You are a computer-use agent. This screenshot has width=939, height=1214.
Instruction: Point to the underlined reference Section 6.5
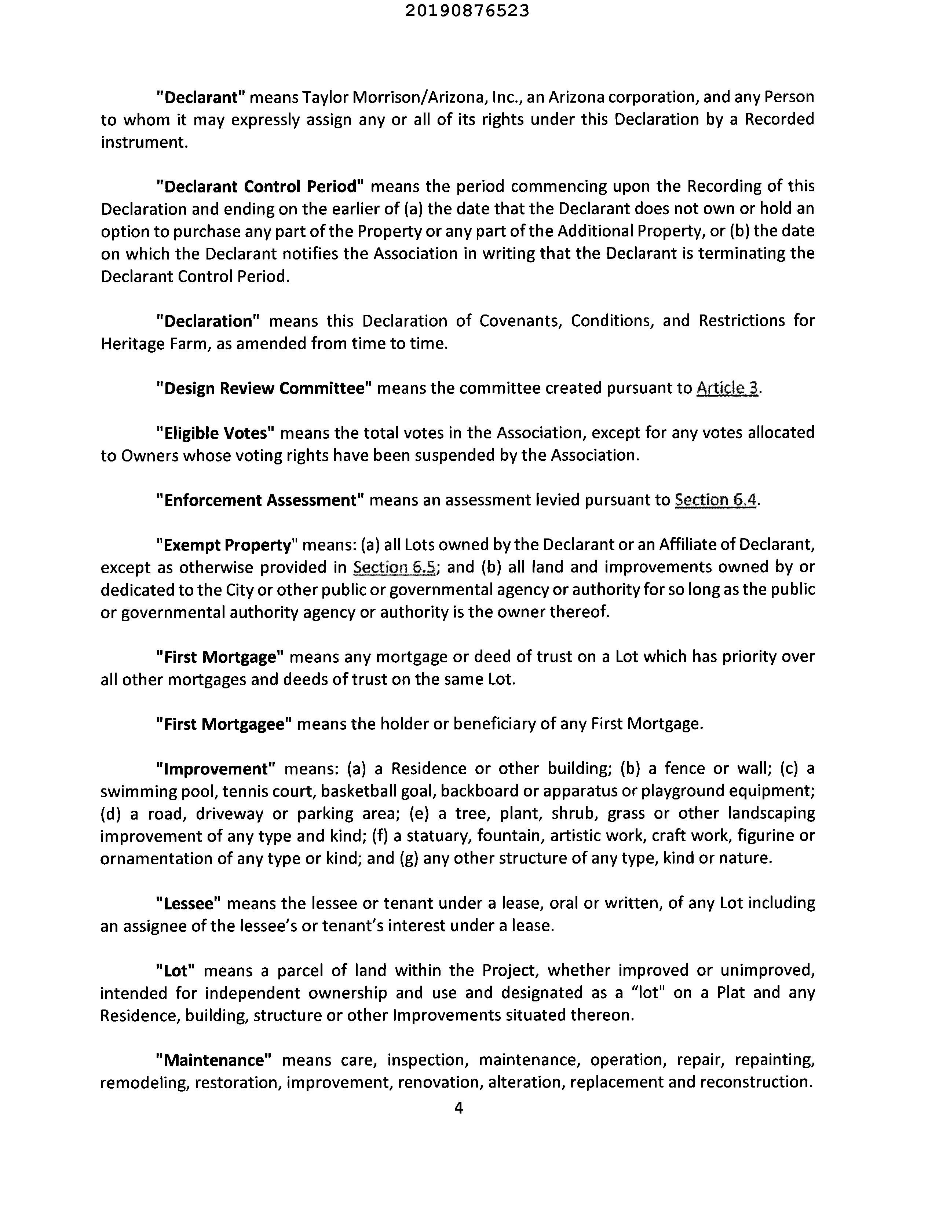(394, 567)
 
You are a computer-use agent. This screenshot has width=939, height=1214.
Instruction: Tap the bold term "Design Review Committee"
(264, 388)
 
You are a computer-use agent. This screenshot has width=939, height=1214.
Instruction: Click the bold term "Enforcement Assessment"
(260, 500)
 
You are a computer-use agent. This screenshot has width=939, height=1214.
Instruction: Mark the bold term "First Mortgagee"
(224, 724)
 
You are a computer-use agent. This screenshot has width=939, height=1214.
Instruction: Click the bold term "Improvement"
(216, 769)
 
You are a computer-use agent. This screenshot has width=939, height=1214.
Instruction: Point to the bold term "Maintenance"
(213, 1060)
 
